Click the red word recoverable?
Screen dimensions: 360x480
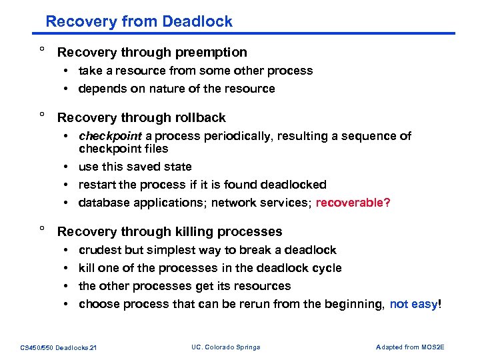pos(353,203)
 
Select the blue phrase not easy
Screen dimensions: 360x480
pos(412,304)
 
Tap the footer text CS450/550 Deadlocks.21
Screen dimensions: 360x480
pos(58,347)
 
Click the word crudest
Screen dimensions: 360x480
pos(100,250)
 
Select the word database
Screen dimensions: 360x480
pos(103,203)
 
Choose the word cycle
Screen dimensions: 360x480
pos(327,268)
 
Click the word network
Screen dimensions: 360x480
pos(235,203)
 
